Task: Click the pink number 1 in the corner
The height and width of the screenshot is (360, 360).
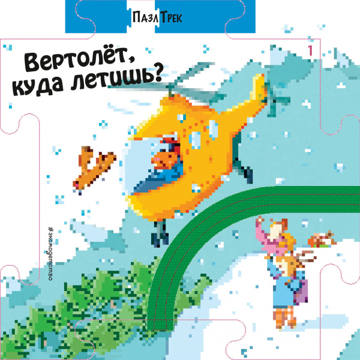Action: point(310,50)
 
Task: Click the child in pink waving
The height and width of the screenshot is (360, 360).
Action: point(273,237)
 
